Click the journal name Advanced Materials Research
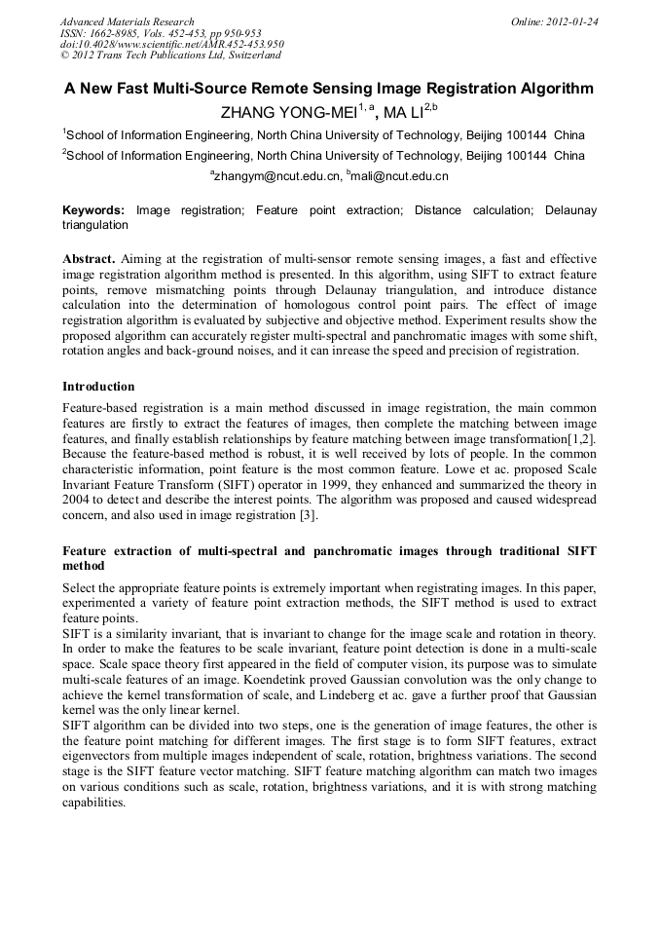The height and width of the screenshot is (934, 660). [x=127, y=21]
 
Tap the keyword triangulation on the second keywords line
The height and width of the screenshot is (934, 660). [x=95, y=225]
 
